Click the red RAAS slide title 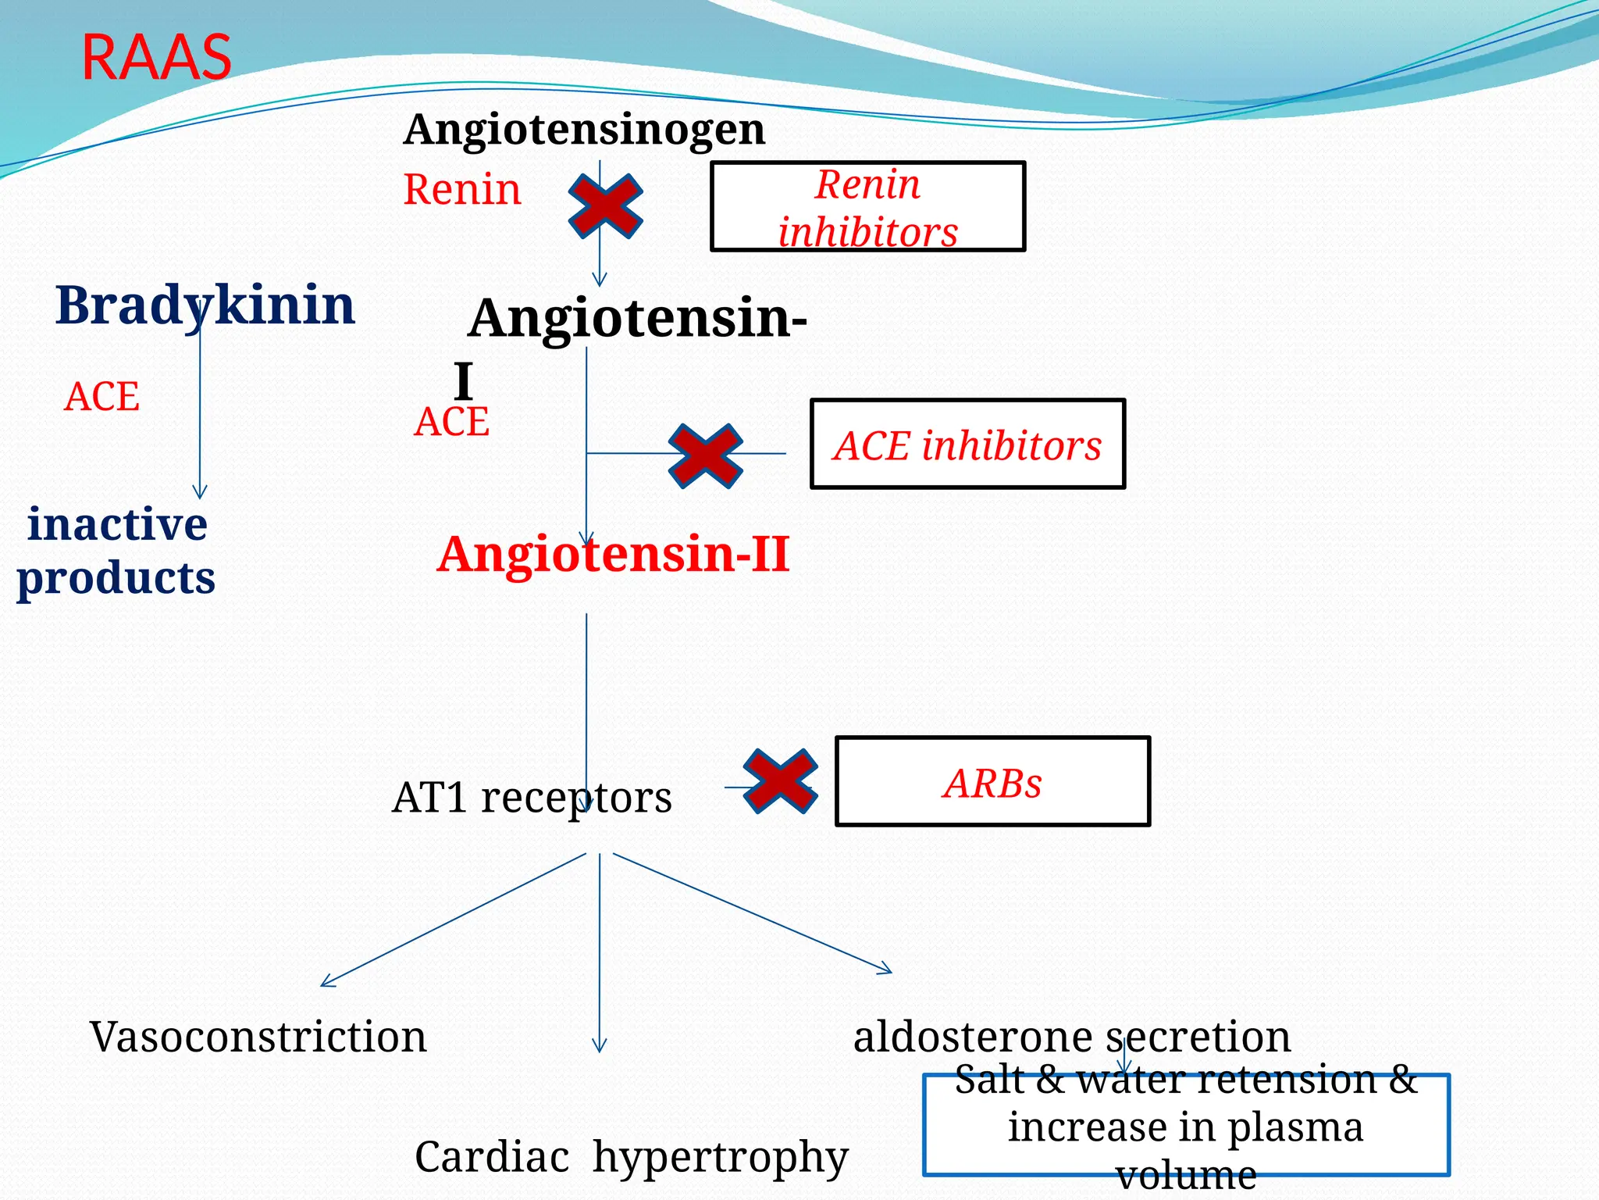[156, 58]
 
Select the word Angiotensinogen [584, 129]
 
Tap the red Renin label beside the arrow [461, 190]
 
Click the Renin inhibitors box [867, 207]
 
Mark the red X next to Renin [605, 206]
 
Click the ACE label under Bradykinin [101, 397]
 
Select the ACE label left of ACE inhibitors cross [451, 422]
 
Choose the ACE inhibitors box [967, 445]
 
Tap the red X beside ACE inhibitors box [705, 455]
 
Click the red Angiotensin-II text [613, 554]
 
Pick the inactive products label [116, 551]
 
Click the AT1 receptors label [532, 798]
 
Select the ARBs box [992, 781]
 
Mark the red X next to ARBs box [780, 781]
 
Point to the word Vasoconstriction [258, 1037]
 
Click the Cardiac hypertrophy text [631, 1156]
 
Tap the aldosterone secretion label [1071, 1037]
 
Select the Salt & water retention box [1185, 1125]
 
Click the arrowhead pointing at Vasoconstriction [326, 983]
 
